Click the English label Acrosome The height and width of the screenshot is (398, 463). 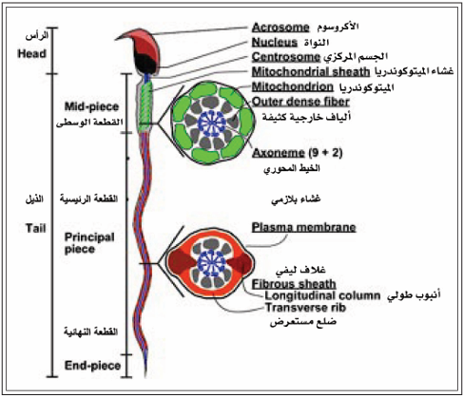(x=280, y=28)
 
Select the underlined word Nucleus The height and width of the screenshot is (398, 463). (x=275, y=43)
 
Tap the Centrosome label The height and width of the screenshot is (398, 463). (x=286, y=57)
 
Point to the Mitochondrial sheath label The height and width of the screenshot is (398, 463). (x=311, y=72)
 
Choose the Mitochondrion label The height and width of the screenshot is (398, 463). (x=293, y=86)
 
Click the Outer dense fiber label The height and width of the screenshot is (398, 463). (x=300, y=102)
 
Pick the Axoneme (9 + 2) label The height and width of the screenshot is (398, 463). (x=298, y=153)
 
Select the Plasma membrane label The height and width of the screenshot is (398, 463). (x=304, y=227)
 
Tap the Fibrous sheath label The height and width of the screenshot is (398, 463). (x=294, y=284)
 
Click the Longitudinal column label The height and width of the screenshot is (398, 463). (x=322, y=295)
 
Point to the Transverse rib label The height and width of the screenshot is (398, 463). (x=305, y=308)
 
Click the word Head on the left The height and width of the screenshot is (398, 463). (x=31, y=53)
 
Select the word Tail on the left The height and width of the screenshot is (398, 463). (x=36, y=228)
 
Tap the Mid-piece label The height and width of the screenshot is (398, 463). (x=91, y=106)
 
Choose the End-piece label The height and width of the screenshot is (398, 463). (x=92, y=366)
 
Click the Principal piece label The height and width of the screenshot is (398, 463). (x=89, y=243)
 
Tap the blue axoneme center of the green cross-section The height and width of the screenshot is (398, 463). (x=212, y=123)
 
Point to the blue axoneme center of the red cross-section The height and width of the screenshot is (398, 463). (x=211, y=262)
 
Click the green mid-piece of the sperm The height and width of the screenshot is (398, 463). (x=146, y=104)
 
